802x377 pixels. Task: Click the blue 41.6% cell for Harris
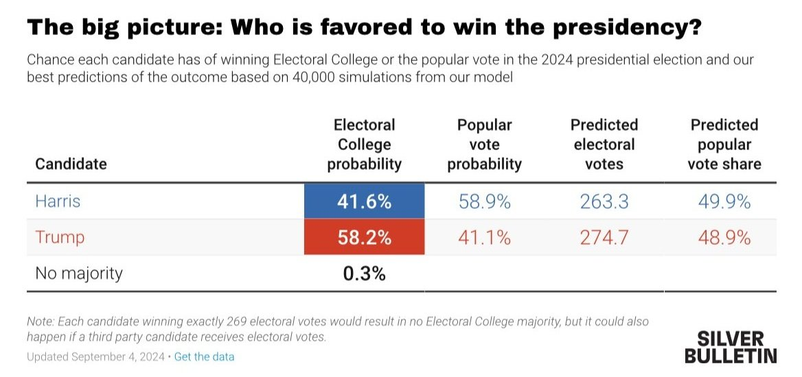[x=364, y=202]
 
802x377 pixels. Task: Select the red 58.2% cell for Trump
[x=364, y=238]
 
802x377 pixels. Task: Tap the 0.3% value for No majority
[x=364, y=273]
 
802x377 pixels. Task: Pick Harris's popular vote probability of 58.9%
[x=484, y=202]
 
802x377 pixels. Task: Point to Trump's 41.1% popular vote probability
[x=484, y=238]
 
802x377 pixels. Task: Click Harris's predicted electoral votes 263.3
[x=604, y=202]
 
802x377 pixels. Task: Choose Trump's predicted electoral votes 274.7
[x=604, y=238]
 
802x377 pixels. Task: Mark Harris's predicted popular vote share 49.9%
[x=724, y=202]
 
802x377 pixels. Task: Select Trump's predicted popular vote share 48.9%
[x=724, y=238]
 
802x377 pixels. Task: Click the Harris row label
[x=58, y=202]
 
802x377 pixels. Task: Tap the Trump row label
[x=60, y=238]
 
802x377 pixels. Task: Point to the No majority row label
[x=78, y=273]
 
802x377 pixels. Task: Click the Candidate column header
[x=71, y=165]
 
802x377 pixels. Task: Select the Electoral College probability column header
[x=364, y=145]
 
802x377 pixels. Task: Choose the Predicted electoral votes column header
[x=604, y=145]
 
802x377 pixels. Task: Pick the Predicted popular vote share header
[x=724, y=145]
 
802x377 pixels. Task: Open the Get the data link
[x=204, y=357]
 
